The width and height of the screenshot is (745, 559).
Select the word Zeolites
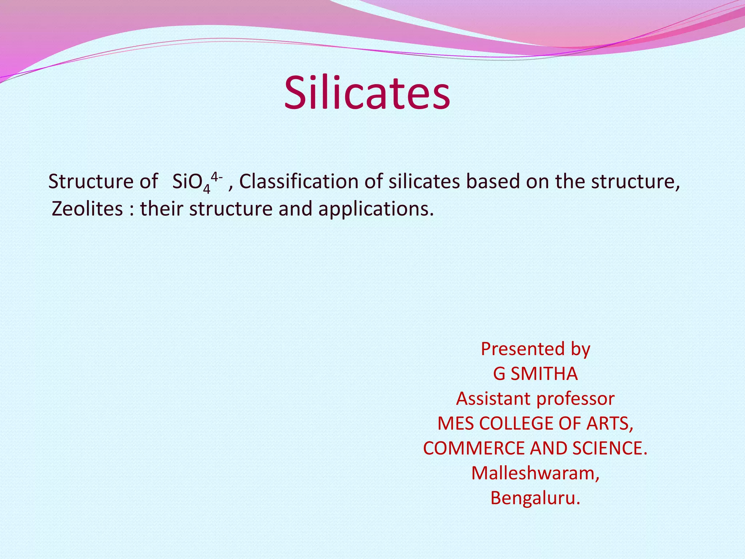[87, 209]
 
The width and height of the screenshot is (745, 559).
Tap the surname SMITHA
[544, 374]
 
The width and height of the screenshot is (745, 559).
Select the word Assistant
[493, 399]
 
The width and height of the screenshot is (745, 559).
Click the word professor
[575, 399]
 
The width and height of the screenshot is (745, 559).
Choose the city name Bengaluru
[535, 498]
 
